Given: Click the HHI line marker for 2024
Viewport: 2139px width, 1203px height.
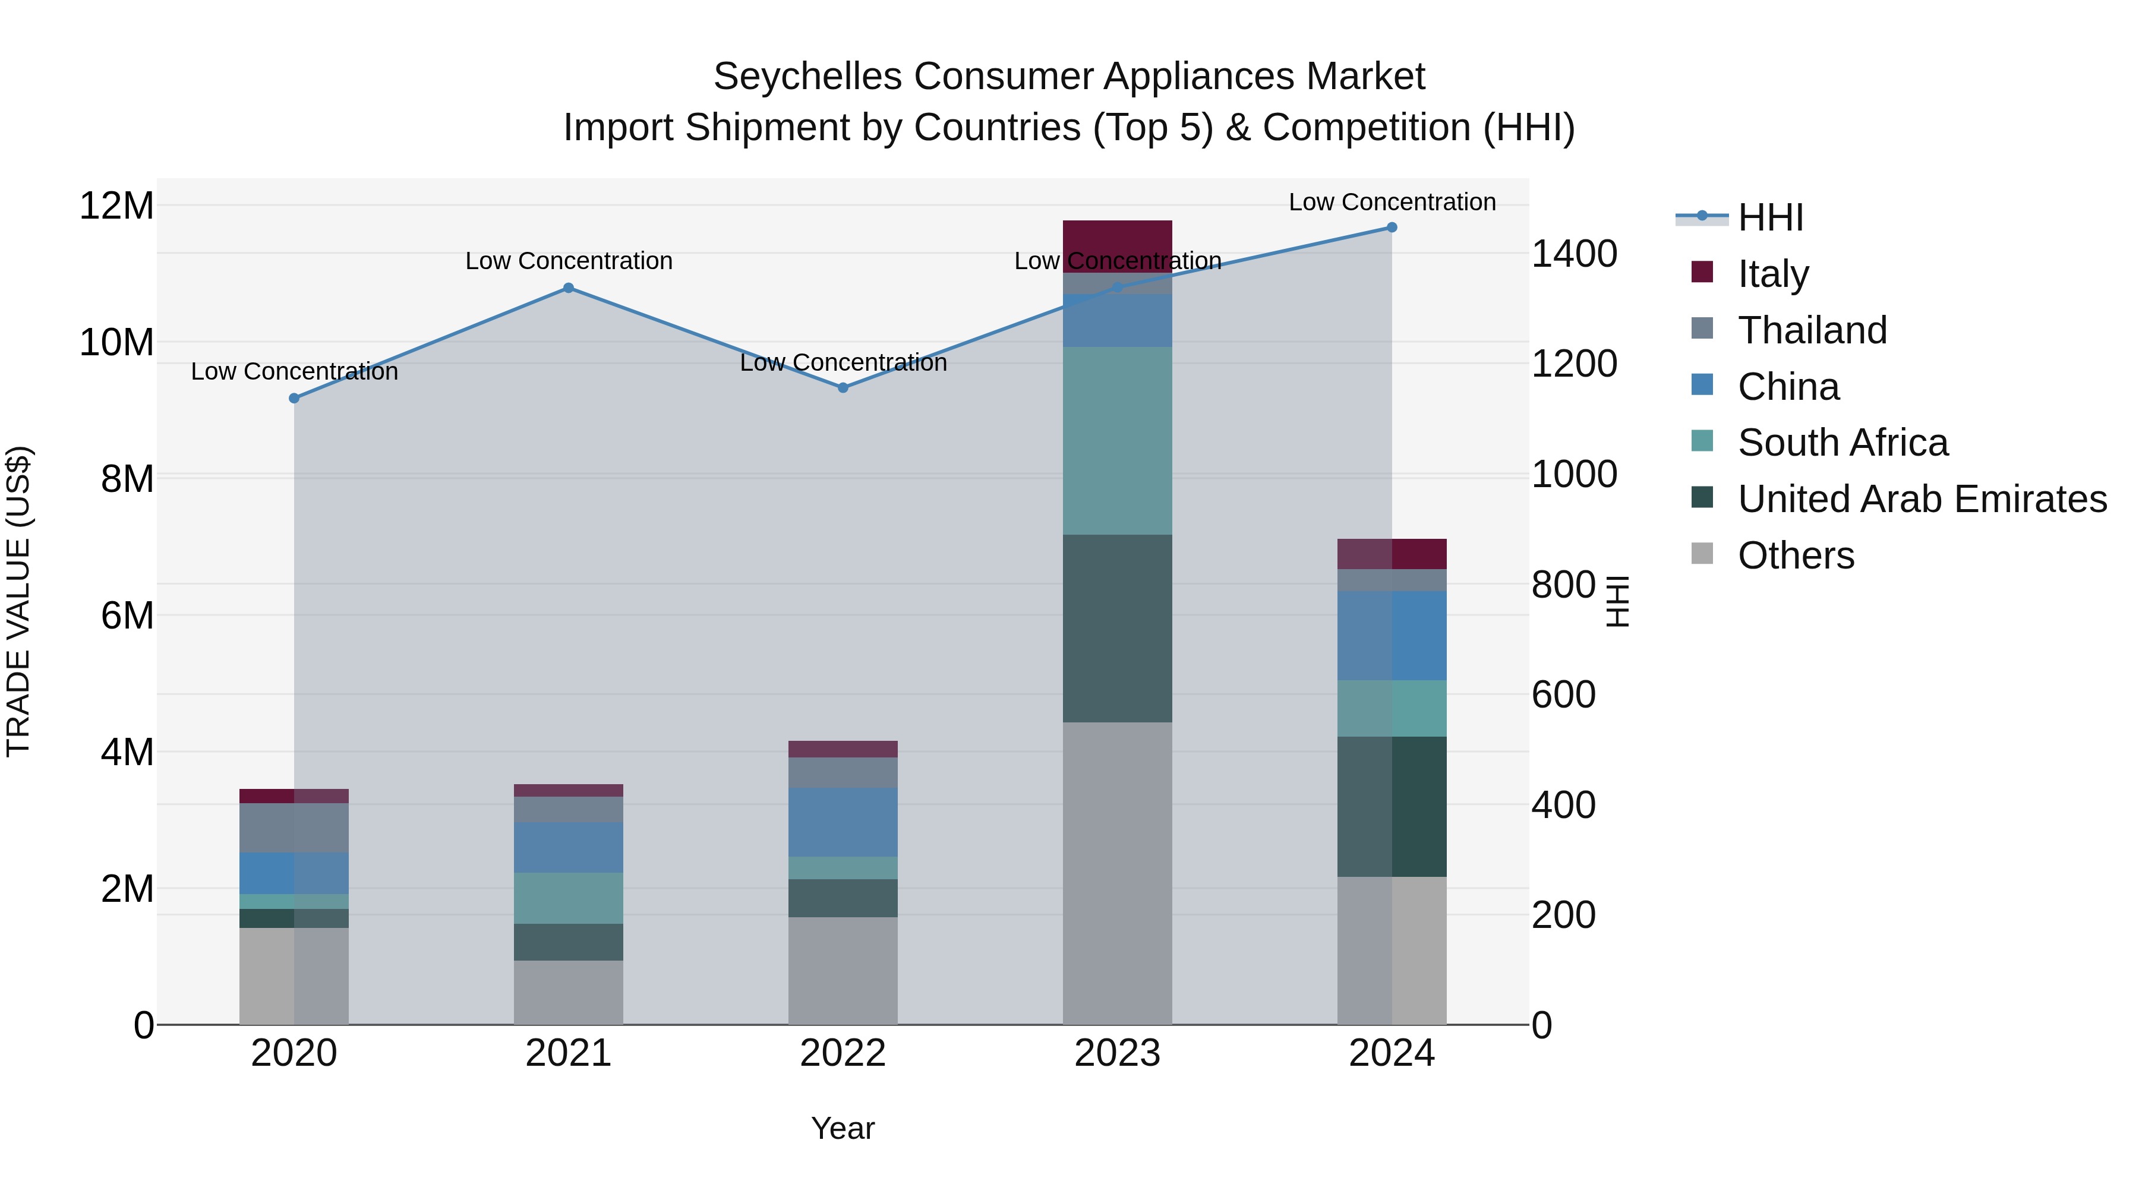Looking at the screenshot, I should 1392,228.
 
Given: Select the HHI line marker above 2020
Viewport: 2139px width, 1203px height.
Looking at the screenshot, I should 294,399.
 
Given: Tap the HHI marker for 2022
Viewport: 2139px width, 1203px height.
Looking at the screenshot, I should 843,388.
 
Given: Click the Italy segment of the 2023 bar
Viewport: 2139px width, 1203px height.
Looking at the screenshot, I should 1117,241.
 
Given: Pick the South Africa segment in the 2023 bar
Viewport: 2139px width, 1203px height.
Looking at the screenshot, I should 1117,441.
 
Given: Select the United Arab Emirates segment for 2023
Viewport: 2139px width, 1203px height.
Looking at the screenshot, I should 1117,629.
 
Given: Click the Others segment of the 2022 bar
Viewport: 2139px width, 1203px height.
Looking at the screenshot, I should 843,971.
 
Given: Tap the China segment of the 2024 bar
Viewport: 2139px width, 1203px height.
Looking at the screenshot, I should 1392,636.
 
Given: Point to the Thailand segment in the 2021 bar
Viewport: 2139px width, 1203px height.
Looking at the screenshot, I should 568,810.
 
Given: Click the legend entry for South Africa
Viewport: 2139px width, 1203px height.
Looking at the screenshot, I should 1843,443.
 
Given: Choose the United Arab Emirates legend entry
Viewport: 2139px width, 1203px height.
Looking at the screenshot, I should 1922,499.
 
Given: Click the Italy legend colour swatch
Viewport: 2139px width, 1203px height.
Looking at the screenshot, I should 1702,272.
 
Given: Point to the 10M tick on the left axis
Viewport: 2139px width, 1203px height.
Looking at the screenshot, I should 116,342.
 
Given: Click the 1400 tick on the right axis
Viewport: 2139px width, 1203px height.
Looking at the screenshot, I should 1573,254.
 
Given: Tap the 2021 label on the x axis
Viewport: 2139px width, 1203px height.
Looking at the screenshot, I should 568,1053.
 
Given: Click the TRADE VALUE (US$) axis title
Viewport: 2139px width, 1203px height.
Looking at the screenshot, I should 18,601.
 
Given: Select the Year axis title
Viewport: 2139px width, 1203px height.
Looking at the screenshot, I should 843,1128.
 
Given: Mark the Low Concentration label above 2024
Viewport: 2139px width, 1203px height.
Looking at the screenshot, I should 1392,202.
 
